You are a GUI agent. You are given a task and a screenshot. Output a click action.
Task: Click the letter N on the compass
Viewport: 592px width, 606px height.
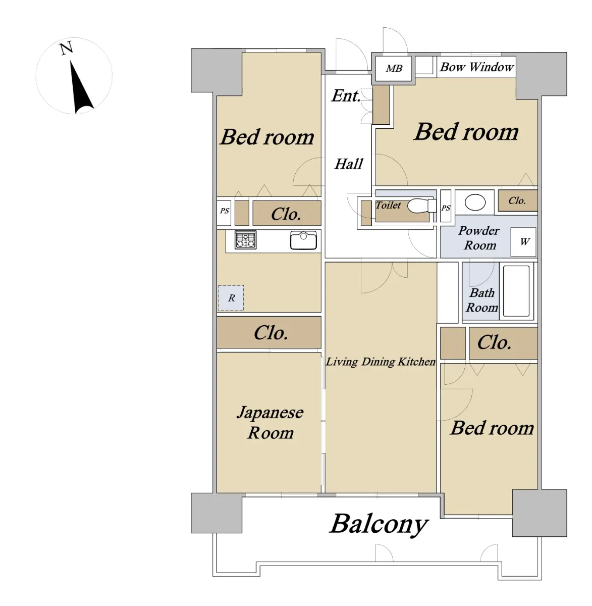point(66,48)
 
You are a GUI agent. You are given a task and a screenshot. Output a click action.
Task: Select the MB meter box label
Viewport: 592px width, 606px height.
point(394,69)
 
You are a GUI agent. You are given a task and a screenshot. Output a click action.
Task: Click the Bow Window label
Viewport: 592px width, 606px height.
point(476,67)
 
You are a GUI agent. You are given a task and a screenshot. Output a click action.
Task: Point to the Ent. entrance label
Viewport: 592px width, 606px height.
point(346,96)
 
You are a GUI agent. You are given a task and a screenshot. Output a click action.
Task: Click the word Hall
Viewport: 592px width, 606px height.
point(349,164)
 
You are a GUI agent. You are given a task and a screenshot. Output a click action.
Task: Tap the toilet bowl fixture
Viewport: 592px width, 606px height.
point(422,206)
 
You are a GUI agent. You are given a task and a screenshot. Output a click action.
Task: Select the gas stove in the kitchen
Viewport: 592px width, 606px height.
point(246,240)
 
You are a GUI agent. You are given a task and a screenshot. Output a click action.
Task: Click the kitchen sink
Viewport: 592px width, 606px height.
point(303,240)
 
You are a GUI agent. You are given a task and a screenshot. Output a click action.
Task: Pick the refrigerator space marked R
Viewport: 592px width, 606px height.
point(231,298)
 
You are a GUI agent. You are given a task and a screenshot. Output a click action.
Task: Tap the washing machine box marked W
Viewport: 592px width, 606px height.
point(523,242)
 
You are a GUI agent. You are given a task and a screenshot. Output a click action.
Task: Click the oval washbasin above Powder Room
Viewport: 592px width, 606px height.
point(475,203)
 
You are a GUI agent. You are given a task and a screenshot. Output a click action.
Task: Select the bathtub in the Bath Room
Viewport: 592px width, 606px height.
point(516,291)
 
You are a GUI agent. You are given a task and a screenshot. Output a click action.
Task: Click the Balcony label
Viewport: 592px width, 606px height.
point(379,524)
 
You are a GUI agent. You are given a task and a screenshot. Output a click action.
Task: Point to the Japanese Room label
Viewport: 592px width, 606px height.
point(270,423)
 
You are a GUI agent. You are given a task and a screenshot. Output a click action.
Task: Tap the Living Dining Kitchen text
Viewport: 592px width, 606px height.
point(381,362)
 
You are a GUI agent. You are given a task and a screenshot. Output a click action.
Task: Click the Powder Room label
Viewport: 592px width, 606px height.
point(479,238)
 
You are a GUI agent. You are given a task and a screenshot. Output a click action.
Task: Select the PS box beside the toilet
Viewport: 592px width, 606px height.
point(446,206)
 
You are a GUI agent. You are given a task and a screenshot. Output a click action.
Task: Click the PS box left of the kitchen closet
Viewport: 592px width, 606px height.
point(224,213)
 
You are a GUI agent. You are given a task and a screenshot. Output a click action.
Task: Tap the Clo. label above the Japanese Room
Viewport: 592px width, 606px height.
point(271,333)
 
